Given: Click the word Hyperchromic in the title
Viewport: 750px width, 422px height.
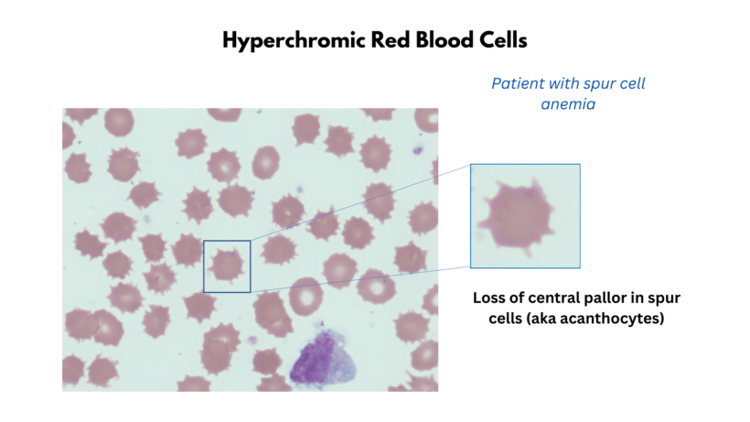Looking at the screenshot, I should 284,41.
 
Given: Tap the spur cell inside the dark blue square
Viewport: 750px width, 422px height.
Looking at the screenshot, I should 226,265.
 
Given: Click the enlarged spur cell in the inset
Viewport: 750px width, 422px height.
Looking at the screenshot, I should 522,218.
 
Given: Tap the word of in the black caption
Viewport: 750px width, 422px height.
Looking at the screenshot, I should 517,298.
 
